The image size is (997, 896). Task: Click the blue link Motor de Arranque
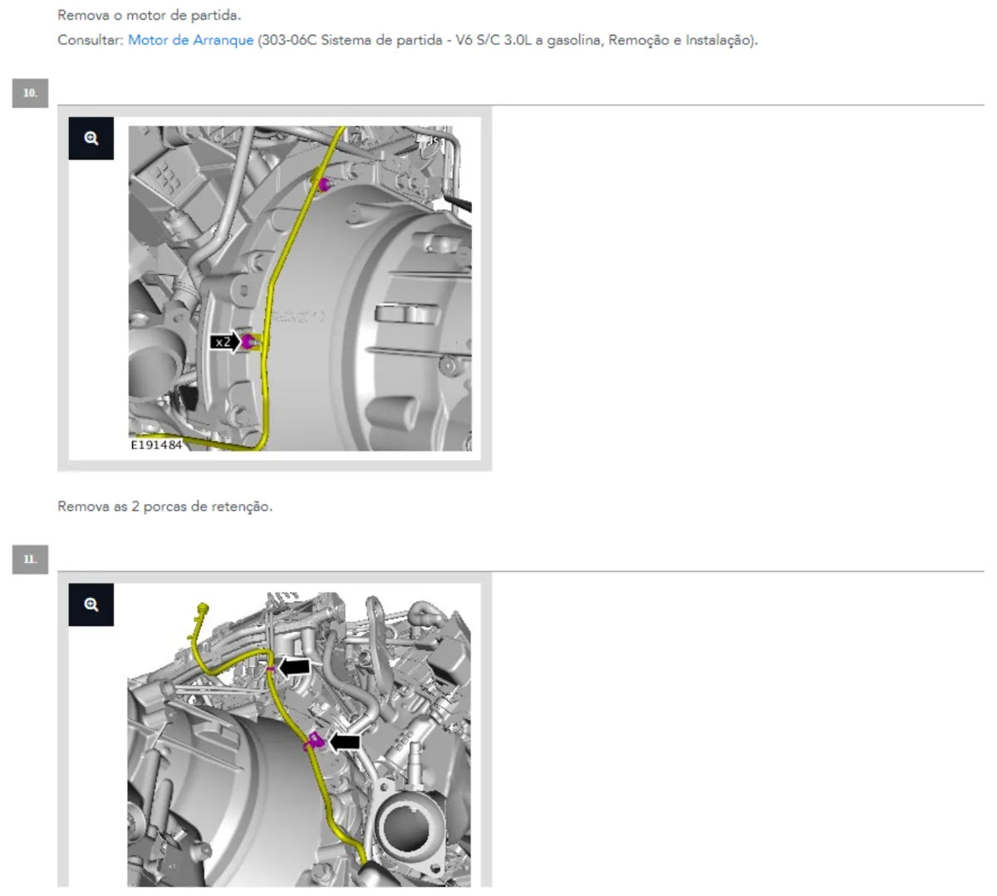191,40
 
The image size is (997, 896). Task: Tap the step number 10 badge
30,93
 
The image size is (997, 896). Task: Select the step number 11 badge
30,560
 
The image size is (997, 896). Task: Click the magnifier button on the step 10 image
91,138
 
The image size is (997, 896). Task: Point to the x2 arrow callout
225,342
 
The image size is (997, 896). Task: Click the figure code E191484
156,445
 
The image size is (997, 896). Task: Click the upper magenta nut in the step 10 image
324,185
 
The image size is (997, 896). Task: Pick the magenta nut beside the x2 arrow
248,341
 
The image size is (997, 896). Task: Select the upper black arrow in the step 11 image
294,667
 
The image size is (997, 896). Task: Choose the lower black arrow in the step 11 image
345,742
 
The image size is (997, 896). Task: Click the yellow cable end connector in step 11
203,609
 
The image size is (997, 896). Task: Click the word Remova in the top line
83,16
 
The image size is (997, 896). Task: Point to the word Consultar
91,40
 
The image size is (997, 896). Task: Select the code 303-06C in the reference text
289,40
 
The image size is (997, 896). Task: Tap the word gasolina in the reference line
574,40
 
